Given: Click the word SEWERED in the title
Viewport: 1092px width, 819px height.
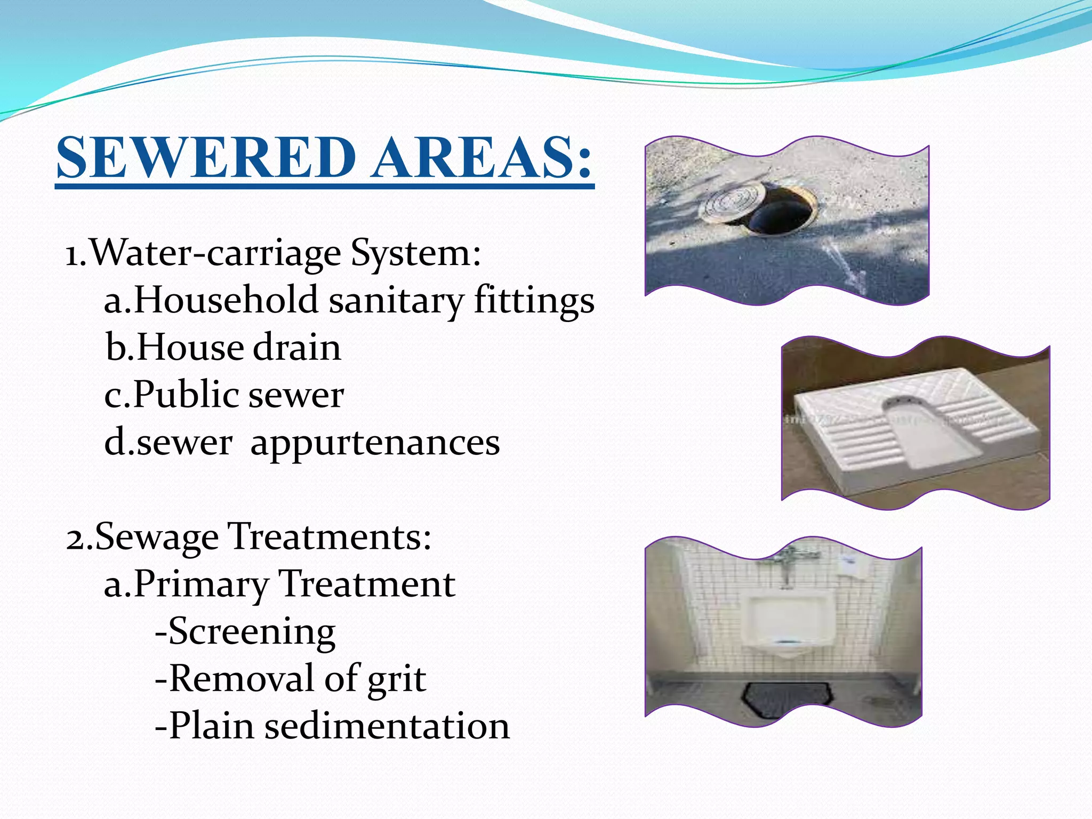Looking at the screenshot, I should pyautogui.click(x=206, y=157).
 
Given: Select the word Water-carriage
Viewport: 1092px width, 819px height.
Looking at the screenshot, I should pyautogui.click(x=215, y=253).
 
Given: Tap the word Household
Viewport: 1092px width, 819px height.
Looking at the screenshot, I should pyautogui.click(x=226, y=300).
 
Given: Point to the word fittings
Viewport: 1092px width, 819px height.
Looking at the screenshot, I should pyautogui.click(x=534, y=300).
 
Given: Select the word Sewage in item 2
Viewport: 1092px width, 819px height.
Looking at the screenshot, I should pyautogui.click(x=157, y=537).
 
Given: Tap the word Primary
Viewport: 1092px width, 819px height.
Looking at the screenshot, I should pyautogui.click(x=201, y=584).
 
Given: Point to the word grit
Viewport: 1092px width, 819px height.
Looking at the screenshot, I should pyautogui.click(x=397, y=679).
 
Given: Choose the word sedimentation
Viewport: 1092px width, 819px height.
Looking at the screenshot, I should pyautogui.click(x=387, y=726).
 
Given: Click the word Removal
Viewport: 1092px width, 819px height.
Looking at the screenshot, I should pyautogui.click(x=241, y=679).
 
